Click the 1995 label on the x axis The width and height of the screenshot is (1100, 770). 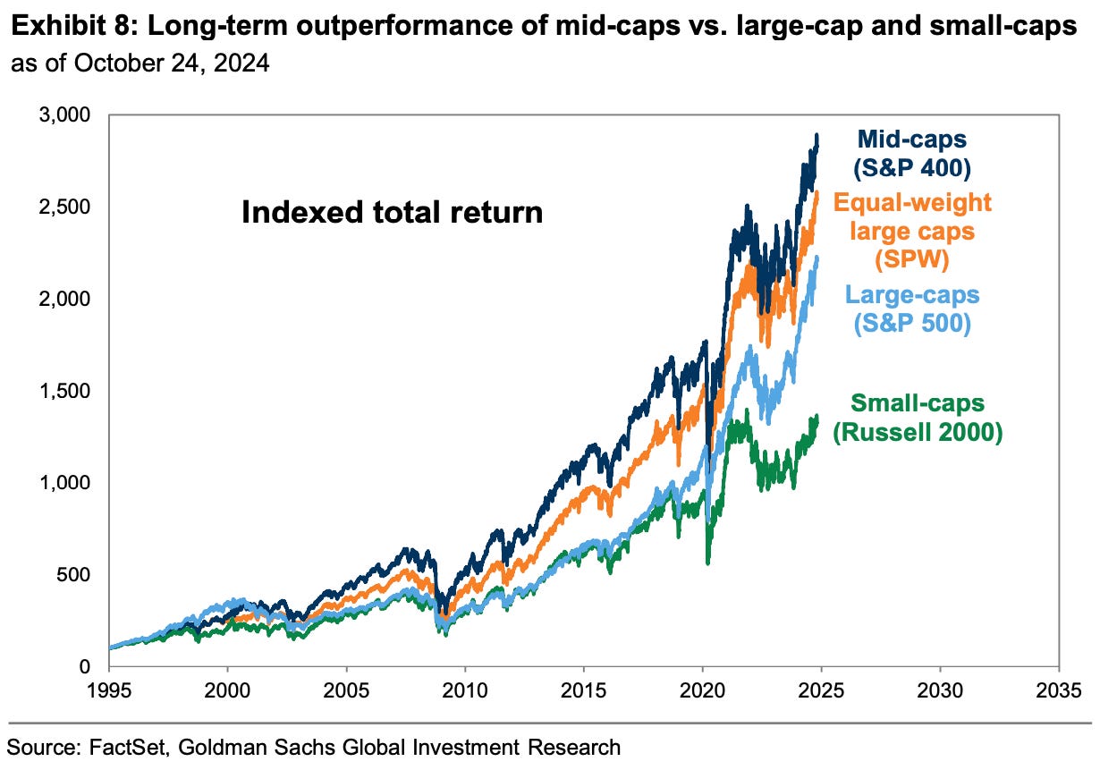(109, 690)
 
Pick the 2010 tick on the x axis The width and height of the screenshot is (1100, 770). (465, 690)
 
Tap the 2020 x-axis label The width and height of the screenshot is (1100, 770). (702, 690)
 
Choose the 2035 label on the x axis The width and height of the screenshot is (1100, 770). (1059, 690)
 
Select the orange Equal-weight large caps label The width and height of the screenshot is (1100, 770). (912, 231)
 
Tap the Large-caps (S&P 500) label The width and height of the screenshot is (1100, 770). (912, 308)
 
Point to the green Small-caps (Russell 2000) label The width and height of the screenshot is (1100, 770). (918, 418)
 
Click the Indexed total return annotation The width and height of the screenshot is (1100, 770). (392, 213)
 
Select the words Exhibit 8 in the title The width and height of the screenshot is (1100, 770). (53, 27)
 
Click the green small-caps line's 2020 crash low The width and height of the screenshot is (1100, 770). (708, 563)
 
